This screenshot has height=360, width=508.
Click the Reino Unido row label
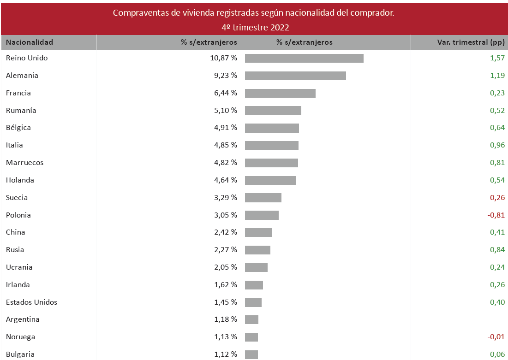[x=27, y=58]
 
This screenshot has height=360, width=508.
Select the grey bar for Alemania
[x=295, y=76]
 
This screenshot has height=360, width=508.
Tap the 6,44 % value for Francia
[x=226, y=93]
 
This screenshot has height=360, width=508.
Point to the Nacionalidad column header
[x=30, y=42]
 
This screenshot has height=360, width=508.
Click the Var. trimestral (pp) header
[x=471, y=42]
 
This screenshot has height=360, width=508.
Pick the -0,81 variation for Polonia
[x=496, y=215]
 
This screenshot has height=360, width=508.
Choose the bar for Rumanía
[x=273, y=111]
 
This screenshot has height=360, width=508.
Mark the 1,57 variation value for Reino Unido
[x=497, y=58]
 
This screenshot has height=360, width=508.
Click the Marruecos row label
[x=25, y=163]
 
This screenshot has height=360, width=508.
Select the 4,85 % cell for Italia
[x=226, y=145]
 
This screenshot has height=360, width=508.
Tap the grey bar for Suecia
[x=263, y=198]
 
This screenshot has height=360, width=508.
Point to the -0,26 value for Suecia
[x=496, y=198]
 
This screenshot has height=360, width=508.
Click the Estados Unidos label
[x=31, y=302]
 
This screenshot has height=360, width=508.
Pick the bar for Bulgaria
[x=251, y=354]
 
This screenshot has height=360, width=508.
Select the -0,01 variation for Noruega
[x=496, y=337]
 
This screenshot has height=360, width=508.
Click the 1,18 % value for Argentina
[x=226, y=319]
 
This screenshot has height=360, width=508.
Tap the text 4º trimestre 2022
[x=254, y=27]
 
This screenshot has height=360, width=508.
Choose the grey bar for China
[x=258, y=232]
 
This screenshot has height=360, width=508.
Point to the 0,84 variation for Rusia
[x=497, y=250]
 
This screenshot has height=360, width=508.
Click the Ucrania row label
[x=19, y=267]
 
